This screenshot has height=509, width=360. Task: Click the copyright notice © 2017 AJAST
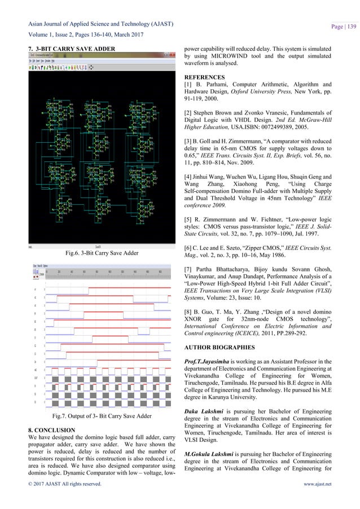61,499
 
